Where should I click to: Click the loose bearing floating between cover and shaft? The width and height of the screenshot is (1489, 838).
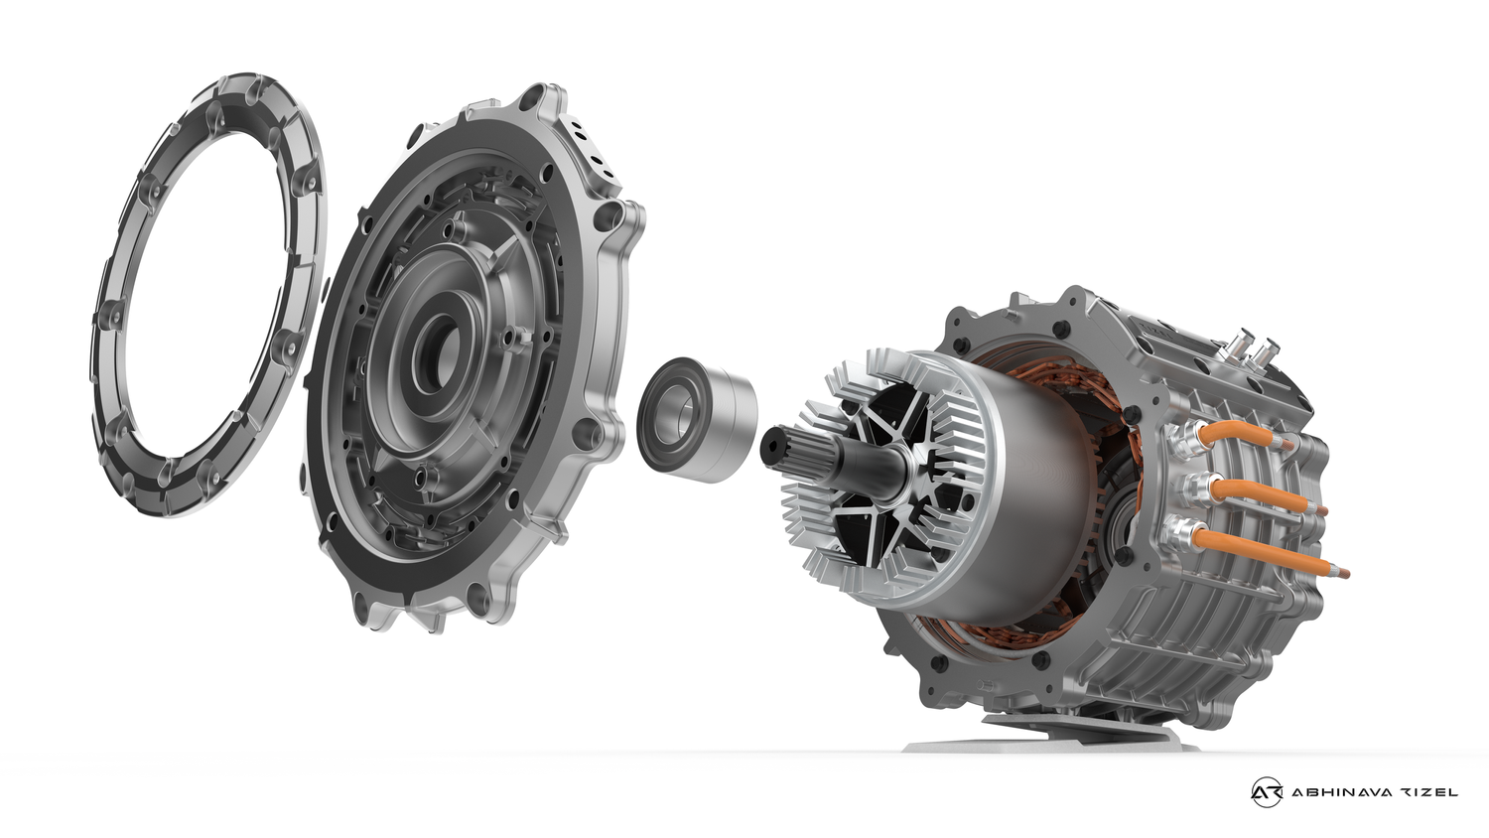695,422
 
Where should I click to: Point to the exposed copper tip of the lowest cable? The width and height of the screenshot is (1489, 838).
1343,571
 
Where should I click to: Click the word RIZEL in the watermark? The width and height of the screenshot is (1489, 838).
1430,792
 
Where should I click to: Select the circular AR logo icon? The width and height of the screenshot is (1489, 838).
1266,791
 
